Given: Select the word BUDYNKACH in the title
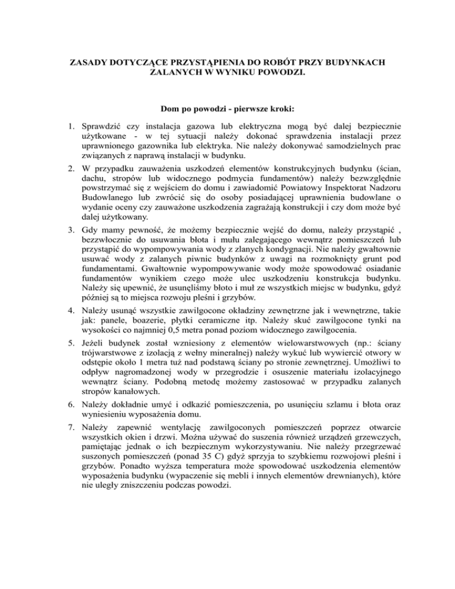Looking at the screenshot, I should (x=354, y=62).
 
